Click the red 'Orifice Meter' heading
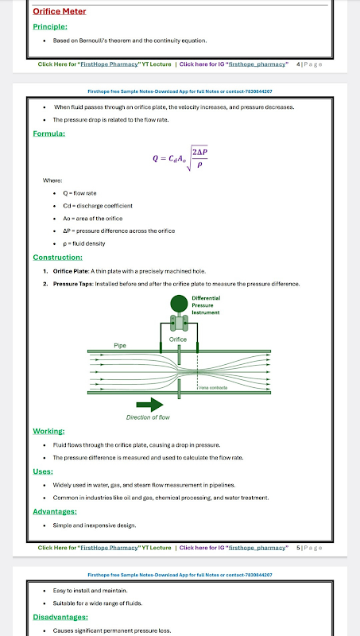click(x=59, y=11)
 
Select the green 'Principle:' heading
click(x=50, y=27)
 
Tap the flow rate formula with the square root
click(x=180, y=158)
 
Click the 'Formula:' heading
click(x=48, y=134)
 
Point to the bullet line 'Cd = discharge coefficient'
click(x=98, y=206)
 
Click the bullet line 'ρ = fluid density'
click(x=84, y=244)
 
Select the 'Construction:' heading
click(x=57, y=257)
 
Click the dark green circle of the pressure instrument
click(x=179, y=304)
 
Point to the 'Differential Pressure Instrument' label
click(x=206, y=305)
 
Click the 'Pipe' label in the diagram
click(x=119, y=346)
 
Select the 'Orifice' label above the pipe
click(x=177, y=339)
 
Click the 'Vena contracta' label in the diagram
click(x=213, y=388)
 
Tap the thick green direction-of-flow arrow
click(x=149, y=405)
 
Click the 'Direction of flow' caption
click(x=148, y=417)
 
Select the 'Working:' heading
click(x=48, y=431)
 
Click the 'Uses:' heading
click(x=43, y=471)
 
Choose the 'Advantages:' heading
click(x=55, y=511)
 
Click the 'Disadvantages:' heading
click(x=60, y=617)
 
